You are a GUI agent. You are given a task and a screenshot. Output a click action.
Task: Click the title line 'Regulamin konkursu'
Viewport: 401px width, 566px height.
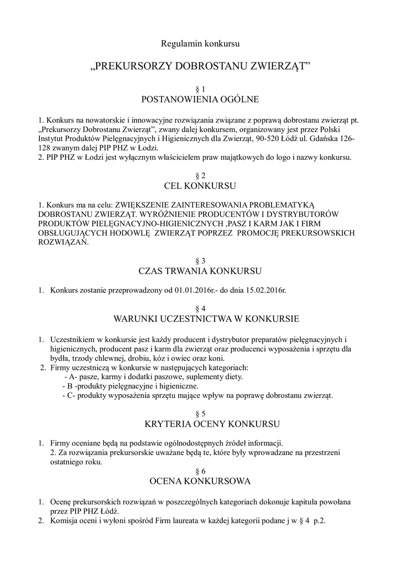click(200, 43)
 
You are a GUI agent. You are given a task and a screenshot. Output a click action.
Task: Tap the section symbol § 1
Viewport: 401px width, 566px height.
click(200, 89)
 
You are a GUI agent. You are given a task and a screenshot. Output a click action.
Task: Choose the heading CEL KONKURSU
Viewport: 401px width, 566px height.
click(200, 185)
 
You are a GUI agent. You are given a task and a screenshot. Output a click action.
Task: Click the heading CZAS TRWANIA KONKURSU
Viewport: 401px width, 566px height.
click(200, 271)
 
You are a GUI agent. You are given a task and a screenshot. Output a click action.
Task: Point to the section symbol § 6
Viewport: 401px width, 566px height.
click(200, 471)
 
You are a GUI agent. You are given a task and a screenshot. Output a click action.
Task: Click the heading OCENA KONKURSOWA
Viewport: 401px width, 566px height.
click(200, 481)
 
